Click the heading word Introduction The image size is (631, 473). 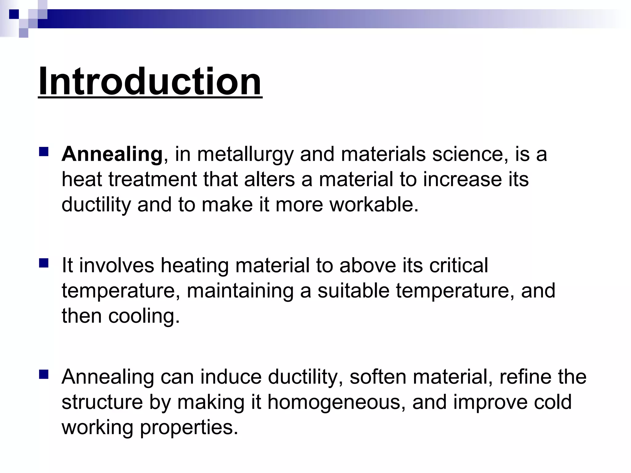click(150, 82)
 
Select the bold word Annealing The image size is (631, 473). click(112, 154)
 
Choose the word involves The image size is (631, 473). click(116, 265)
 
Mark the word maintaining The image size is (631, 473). click(240, 291)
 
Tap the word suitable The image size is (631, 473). click(353, 290)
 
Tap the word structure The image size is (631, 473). click(102, 402)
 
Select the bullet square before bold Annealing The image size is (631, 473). click(44, 152)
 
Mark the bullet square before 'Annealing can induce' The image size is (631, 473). click(44, 374)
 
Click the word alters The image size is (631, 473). click(269, 180)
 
